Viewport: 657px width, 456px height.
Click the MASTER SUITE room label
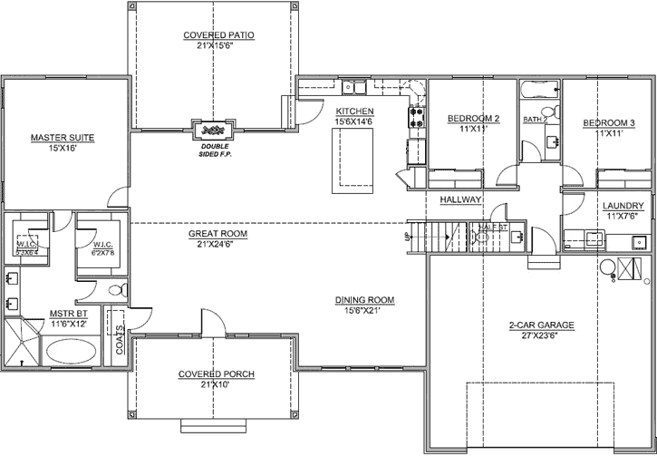tap(63, 138)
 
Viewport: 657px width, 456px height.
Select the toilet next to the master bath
tap(114, 315)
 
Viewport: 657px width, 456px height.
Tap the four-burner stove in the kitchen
tap(417, 116)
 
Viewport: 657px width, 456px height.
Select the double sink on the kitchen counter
tap(353, 88)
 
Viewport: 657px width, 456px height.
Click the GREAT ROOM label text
tap(217, 233)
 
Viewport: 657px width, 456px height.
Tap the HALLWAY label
tap(460, 199)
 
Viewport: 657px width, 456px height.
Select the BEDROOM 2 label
tap(474, 119)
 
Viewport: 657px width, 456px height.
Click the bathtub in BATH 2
tap(539, 91)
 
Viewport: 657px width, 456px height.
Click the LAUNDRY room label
tap(623, 206)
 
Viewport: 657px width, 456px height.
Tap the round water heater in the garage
tap(607, 268)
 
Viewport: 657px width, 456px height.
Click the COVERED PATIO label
tap(218, 35)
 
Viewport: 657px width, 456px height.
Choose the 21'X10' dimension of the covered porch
tap(215, 384)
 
